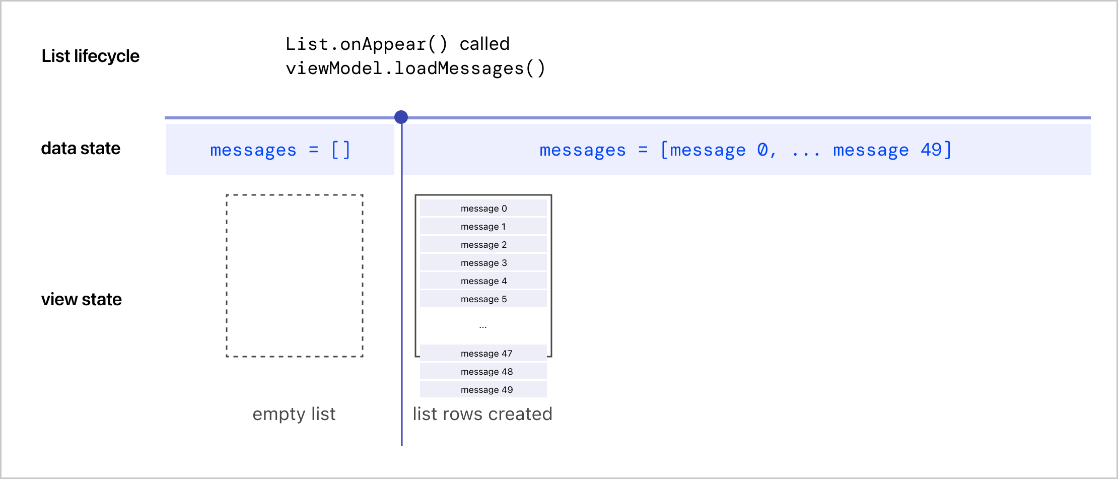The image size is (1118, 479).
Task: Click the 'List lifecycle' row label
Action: click(91, 56)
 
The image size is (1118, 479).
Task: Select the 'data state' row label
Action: click(81, 148)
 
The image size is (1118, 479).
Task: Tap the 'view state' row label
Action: click(82, 299)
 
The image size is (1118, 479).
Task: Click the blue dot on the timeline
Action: click(401, 117)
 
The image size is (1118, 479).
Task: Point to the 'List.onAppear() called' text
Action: click(397, 44)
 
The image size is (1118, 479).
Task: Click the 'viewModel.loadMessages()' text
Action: click(415, 69)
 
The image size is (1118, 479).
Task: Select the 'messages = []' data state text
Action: click(280, 150)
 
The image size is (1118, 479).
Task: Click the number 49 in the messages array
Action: click(931, 150)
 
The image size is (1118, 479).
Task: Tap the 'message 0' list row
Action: click(483, 208)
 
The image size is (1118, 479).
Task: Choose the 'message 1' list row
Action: click(483, 226)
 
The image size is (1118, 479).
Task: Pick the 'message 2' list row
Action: click(483, 244)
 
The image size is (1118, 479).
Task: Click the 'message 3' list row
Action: click(483, 262)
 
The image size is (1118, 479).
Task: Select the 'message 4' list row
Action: click(483, 281)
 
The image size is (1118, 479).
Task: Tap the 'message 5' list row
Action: click(483, 299)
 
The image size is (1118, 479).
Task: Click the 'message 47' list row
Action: click(483, 353)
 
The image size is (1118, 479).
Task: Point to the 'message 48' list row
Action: click(483, 371)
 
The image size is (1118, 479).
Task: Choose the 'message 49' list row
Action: click(483, 389)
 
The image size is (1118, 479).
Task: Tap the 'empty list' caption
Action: click(294, 414)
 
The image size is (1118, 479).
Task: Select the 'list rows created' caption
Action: click(482, 414)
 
